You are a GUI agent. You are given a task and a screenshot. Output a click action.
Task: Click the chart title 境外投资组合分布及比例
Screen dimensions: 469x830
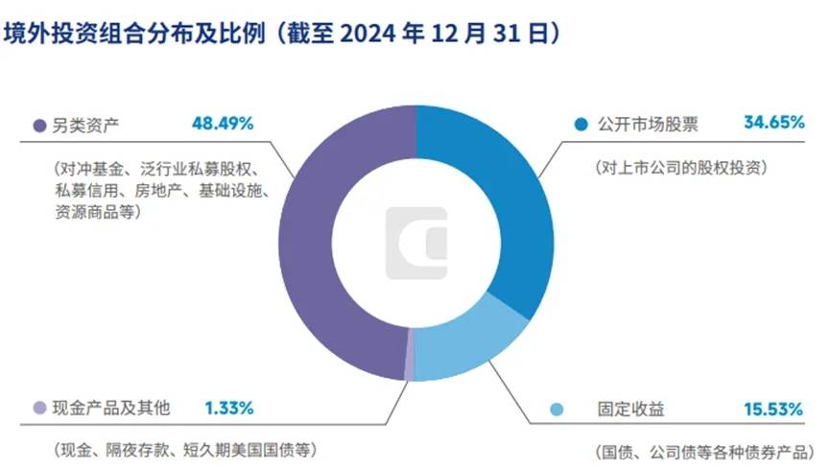click(x=134, y=35)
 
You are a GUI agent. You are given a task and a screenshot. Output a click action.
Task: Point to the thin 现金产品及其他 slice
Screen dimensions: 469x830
click(x=410, y=361)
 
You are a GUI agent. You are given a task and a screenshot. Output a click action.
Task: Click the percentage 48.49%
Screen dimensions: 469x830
click(x=222, y=124)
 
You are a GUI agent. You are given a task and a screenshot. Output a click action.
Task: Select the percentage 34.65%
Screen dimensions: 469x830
click(x=772, y=123)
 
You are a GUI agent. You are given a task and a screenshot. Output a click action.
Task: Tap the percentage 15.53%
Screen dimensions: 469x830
click(x=772, y=410)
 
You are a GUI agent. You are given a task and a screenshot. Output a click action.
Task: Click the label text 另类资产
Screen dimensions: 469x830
click(x=83, y=125)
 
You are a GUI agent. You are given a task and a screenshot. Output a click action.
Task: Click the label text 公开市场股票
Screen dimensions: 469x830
click(x=644, y=124)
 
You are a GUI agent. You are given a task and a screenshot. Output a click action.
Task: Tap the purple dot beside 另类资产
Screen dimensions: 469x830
click(x=39, y=125)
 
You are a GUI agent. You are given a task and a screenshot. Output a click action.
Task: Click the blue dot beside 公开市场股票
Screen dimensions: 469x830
click(x=581, y=125)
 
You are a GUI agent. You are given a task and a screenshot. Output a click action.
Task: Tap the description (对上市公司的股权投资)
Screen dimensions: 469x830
click(x=679, y=166)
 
